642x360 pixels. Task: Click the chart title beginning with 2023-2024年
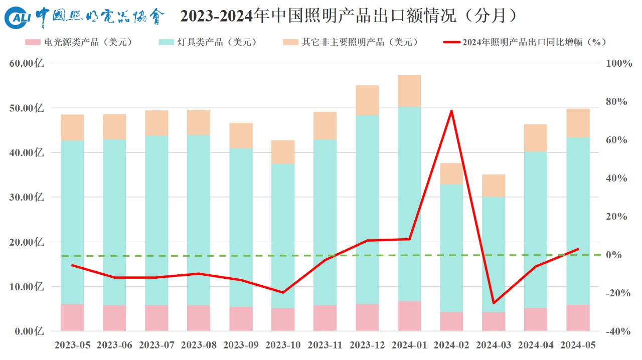349,17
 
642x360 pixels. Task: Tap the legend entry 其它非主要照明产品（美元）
351,42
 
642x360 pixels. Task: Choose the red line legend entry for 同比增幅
522,42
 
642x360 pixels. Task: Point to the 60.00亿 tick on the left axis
27,64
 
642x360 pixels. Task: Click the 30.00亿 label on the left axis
27,198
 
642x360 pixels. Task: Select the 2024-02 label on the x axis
451,345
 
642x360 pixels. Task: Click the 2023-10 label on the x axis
283,345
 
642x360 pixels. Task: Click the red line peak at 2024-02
451,111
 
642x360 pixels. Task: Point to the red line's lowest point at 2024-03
494,303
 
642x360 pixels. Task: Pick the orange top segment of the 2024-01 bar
409,91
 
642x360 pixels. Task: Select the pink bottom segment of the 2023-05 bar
72,317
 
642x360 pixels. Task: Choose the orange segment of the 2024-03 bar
494,186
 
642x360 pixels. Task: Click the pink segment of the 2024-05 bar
578,318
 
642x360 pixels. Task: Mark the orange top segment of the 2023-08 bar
199,122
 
